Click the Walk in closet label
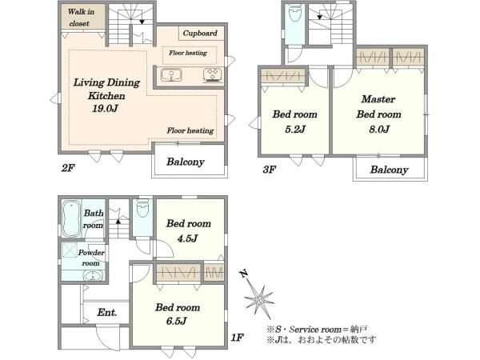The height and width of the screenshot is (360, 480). coord(81,18)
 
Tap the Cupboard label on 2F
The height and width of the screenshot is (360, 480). coord(200,33)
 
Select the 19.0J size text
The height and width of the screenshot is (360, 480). coord(105,108)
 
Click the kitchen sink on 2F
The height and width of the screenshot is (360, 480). coord(171,76)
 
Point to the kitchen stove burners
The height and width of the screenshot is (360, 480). coord(213,75)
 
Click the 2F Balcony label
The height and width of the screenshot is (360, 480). coord(186,162)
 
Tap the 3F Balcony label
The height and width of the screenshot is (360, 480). coord(389,170)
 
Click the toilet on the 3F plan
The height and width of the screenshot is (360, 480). coord(295,13)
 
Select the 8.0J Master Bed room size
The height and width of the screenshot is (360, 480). coord(379,129)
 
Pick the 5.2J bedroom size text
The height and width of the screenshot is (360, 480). coord(294,129)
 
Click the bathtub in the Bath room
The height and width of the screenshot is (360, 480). coord(72,218)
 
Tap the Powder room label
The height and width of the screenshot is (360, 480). coord(91,258)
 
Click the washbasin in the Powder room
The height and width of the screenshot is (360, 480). coord(91,276)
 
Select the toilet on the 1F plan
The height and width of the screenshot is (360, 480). coord(142,208)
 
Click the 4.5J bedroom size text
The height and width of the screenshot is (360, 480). coord(188,238)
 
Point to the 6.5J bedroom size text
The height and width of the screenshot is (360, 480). coord(176,321)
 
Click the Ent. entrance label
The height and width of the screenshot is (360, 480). coord(107,312)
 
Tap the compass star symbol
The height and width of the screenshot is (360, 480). coord(258,296)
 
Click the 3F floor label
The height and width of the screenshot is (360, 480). coord(270,170)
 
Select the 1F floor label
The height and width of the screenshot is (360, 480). coord(238,338)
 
